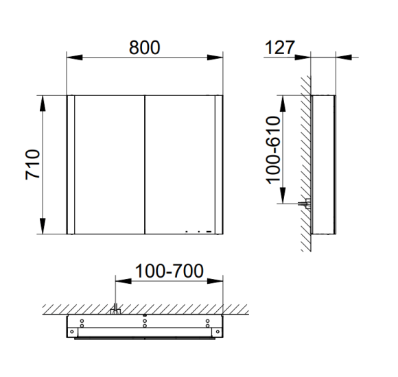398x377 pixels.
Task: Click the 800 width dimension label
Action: point(144,47)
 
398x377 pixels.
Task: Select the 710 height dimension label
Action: point(33,165)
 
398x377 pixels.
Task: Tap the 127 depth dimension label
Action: point(280,47)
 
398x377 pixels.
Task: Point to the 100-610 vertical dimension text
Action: point(273,150)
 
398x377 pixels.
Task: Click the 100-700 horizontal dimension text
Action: point(169,271)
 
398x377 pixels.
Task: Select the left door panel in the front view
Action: point(110,165)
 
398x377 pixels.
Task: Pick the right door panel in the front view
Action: point(180,165)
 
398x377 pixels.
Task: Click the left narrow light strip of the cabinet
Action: point(71,165)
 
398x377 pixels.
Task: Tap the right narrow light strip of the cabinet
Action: point(219,165)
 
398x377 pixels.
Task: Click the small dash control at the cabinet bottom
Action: point(209,232)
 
